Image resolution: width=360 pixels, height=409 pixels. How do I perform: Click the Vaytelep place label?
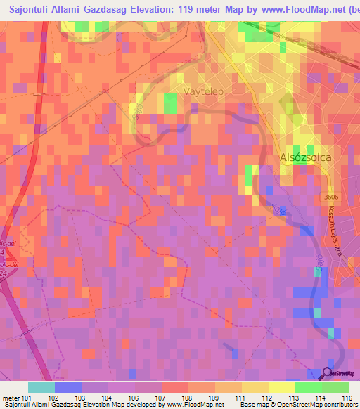[x=207, y=92]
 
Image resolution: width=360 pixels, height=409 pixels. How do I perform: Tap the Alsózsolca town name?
[x=306, y=159]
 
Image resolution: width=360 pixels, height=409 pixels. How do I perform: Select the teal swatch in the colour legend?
[x=41, y=387]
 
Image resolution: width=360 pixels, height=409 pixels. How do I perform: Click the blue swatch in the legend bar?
[x=67, y=387]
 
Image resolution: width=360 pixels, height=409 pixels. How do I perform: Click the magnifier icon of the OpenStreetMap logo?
[x=327, y=375]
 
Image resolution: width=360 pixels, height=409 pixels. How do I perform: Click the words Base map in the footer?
[x=253, y=405]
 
